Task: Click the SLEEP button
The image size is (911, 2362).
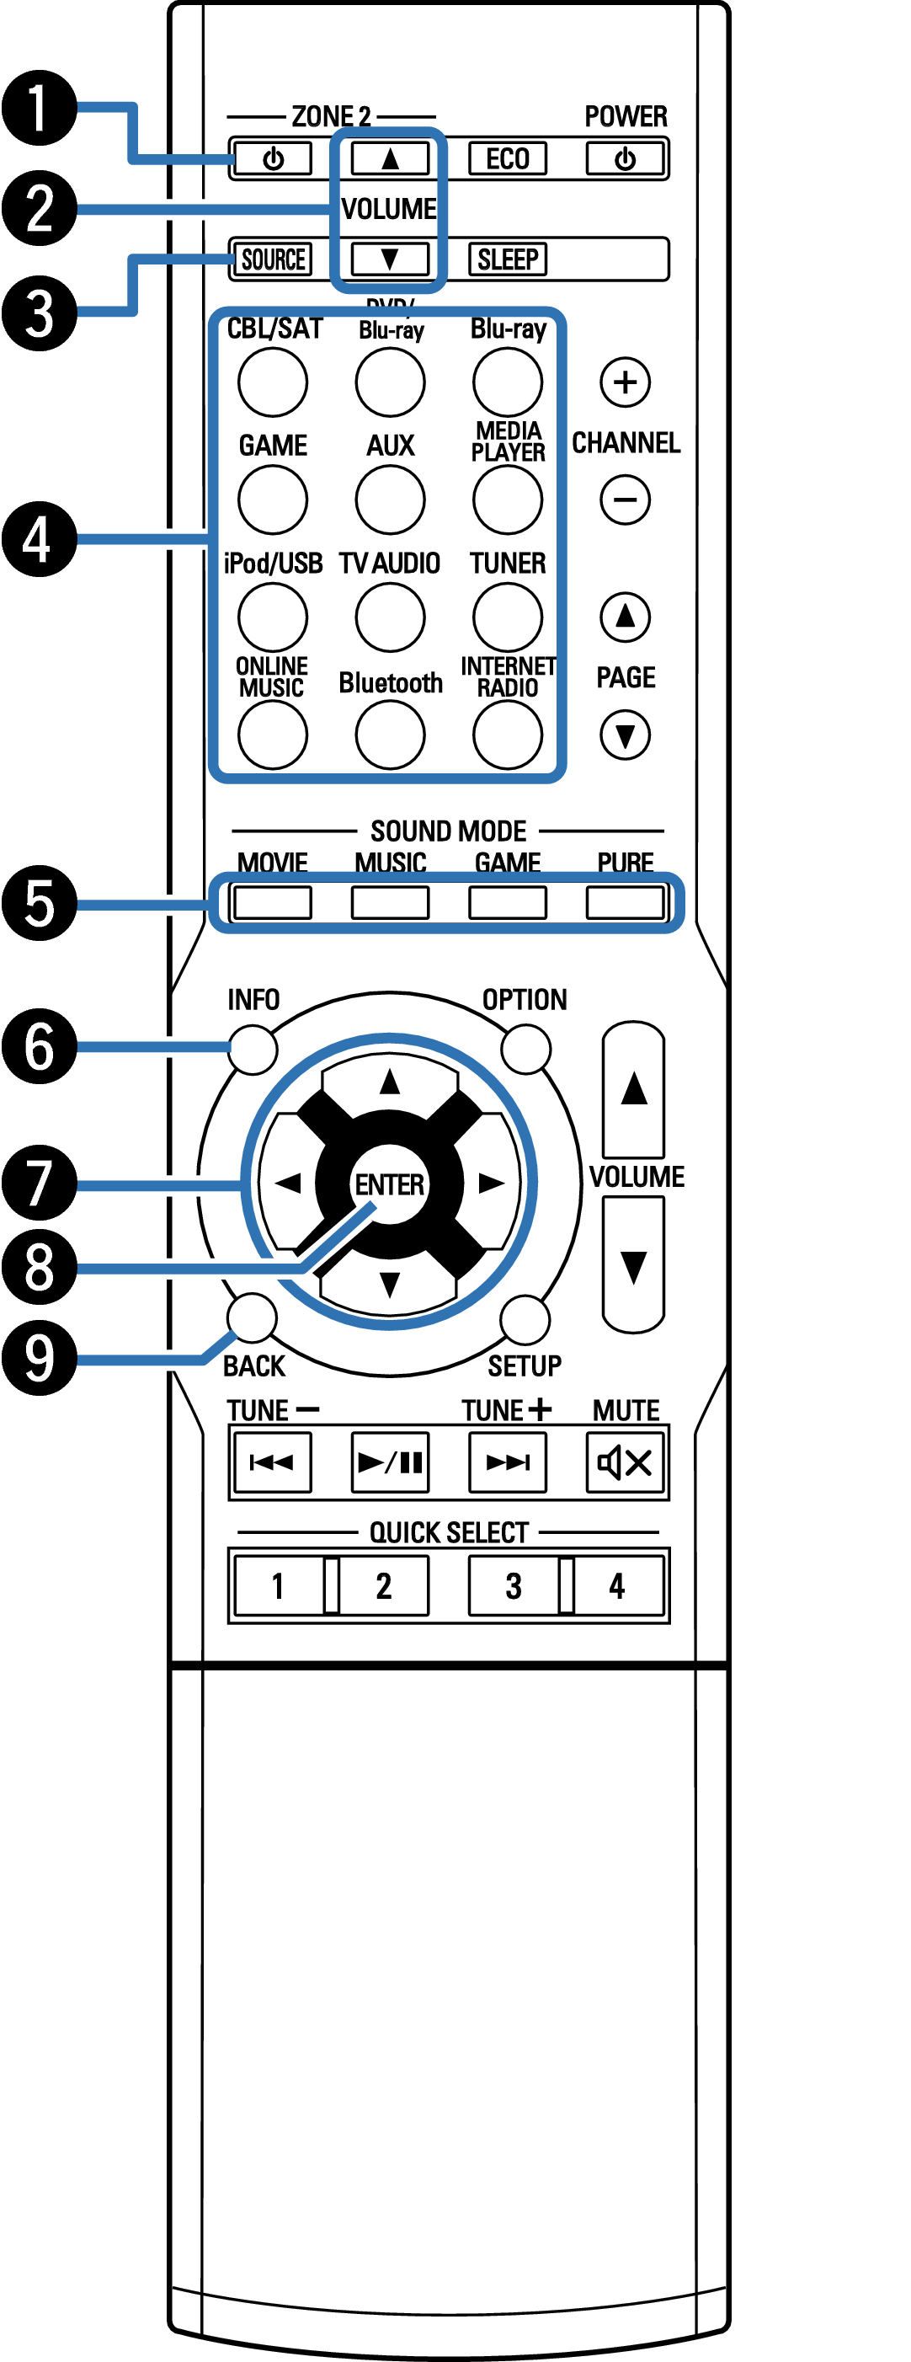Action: click(507, 259)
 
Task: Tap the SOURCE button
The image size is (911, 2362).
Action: click(272, 259)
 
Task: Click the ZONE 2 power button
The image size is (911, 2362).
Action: click(272, 158)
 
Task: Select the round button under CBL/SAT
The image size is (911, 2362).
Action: click(272, 382)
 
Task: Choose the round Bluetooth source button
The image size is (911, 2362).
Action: click(390, 735)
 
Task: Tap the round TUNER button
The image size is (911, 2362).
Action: click(507, 617)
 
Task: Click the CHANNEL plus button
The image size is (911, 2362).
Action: click(625, 382)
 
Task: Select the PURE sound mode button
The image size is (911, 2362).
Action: click(625, 903)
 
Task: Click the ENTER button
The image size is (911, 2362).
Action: click(390, 1184)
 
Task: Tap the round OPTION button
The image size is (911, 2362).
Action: click(526, 1049)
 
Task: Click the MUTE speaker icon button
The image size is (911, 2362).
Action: click(625, 1462)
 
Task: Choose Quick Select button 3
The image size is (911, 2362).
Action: click(514, 1585)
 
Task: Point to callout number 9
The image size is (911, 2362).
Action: click(39, 1358)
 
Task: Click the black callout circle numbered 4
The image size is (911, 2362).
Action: click(39, 538)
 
